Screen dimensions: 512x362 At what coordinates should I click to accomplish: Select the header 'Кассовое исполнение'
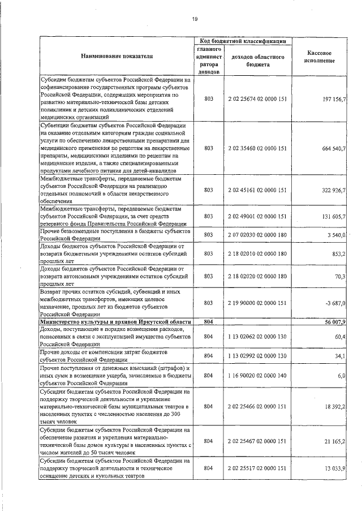321,57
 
